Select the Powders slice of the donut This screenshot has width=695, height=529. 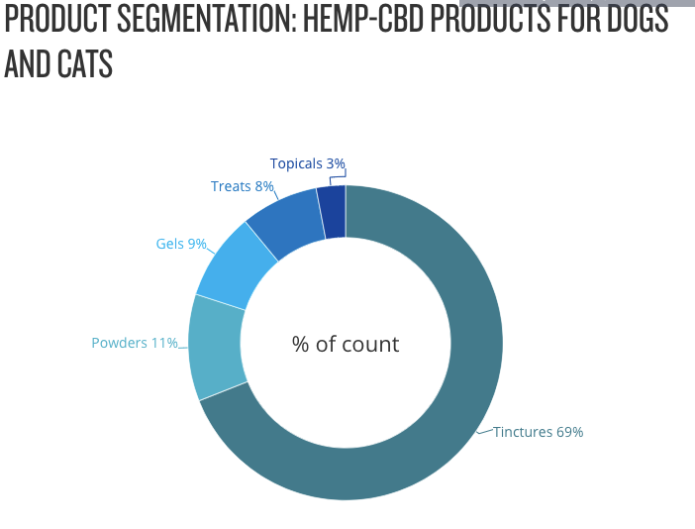click(217, 348)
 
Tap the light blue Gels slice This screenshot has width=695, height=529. click(236, 265)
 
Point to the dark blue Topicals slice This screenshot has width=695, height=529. click(333, 211)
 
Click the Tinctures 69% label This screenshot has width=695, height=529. click(538, 432)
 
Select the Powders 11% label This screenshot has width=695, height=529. click(134, 343)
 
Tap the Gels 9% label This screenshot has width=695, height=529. click(181, 243)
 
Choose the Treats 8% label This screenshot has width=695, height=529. click(242, 186)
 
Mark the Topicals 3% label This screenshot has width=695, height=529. click(307, 163)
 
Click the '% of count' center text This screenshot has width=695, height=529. click(346, 345)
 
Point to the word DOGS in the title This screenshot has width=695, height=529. click(638, 19)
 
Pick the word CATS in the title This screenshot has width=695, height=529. click(84, 63)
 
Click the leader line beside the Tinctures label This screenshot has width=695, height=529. click(484, 432)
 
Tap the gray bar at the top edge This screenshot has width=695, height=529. click(577, 3)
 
